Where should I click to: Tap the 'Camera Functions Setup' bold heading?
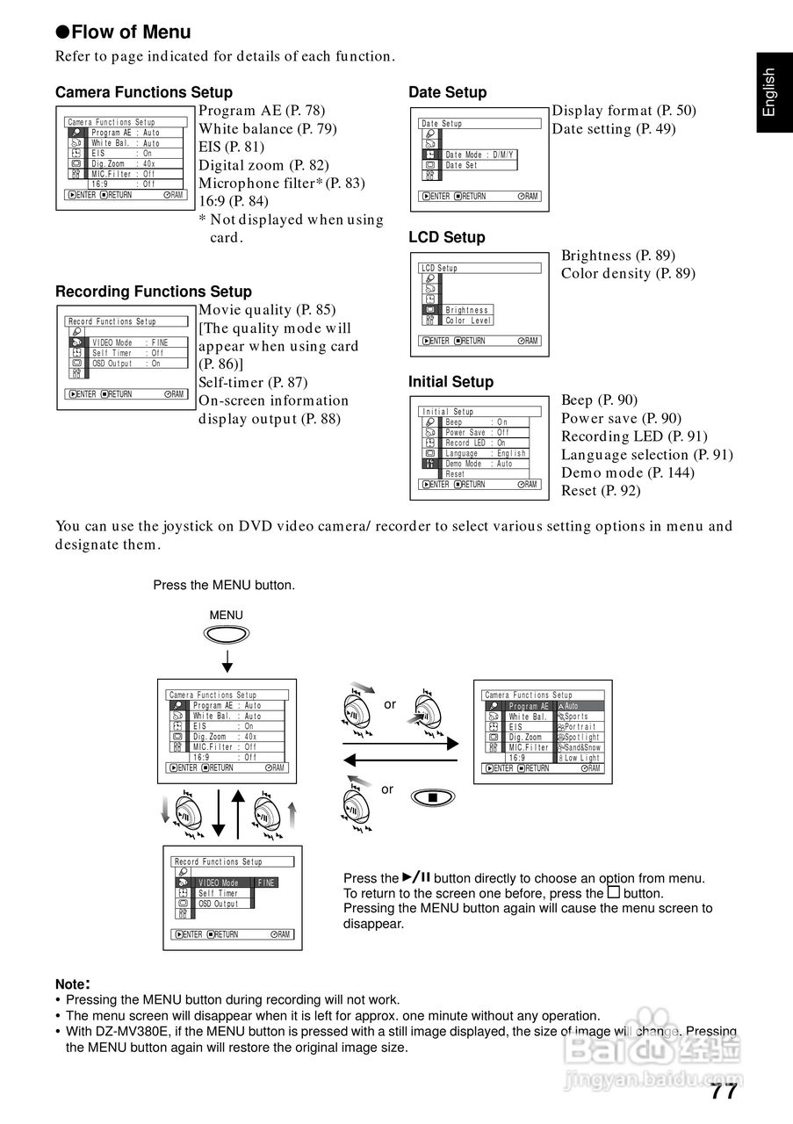point(144,92)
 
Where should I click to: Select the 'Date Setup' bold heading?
point(447,92)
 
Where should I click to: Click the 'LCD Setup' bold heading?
point(446,237)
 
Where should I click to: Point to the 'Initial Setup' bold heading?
point(451,382)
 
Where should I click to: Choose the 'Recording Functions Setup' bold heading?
point(154,292)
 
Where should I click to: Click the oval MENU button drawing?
point(226,636)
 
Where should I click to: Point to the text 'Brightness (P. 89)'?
point(618,256)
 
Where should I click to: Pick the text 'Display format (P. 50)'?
point(624,111)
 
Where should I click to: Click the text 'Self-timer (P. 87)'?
point(253,382)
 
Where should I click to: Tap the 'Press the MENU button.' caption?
point(224,585)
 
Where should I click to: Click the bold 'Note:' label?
point(73,984)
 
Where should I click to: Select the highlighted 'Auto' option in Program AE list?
point(580,706)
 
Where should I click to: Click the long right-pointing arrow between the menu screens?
point(400,744)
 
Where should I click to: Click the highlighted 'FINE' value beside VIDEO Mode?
point(266,883)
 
